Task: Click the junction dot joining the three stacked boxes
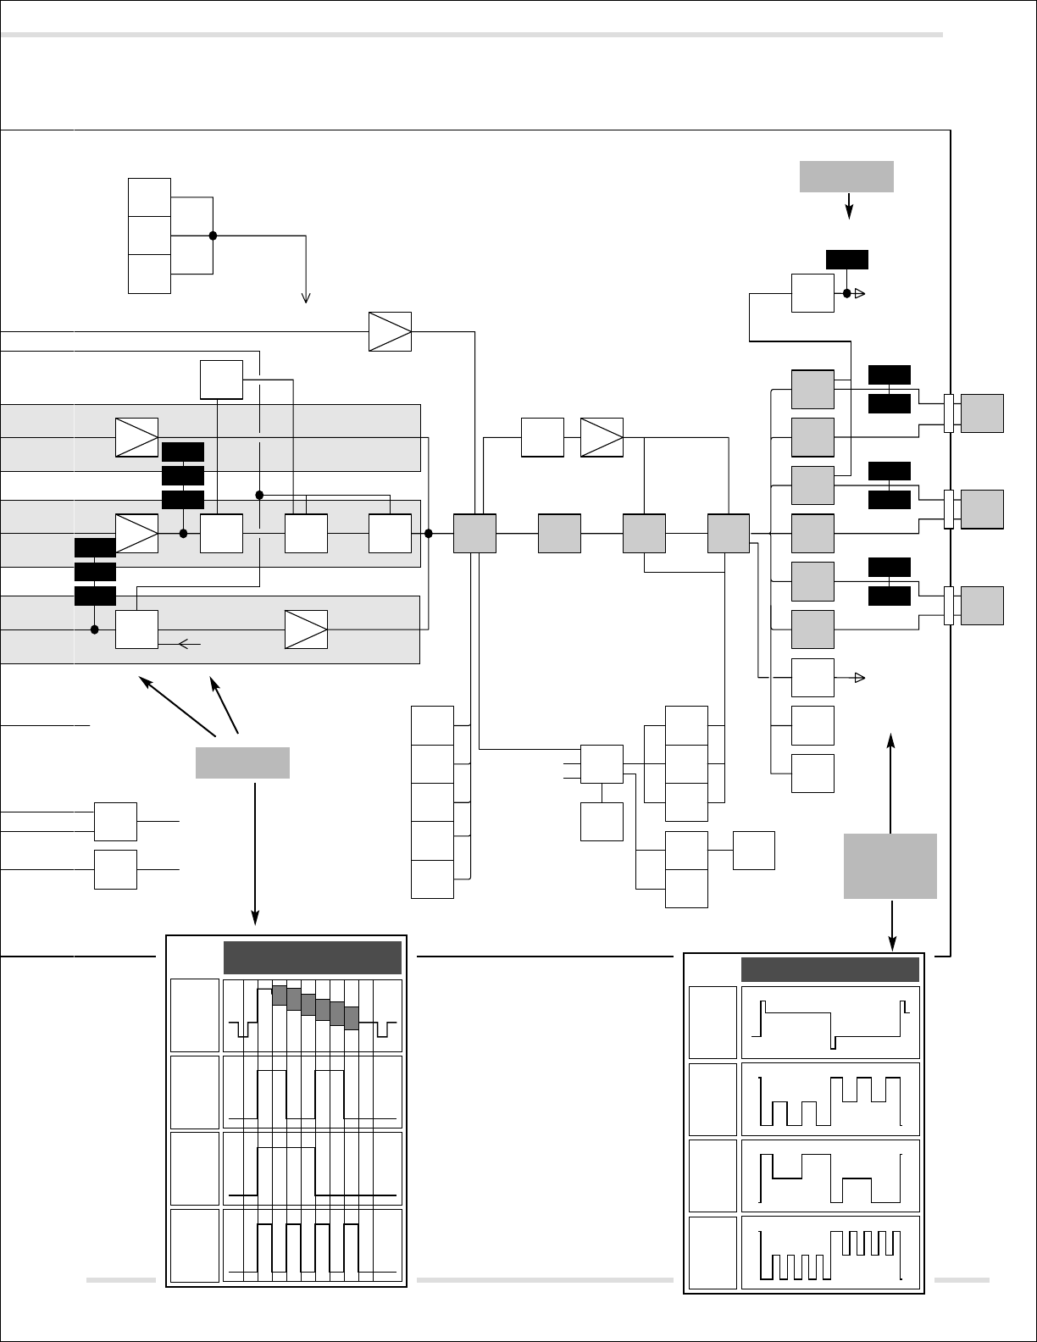coord(213,236)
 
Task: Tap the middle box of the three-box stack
coord(149,236)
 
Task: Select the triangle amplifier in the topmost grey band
coord(136,437)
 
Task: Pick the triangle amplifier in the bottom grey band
coord(306,629)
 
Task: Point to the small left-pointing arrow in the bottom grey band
coord(189,645)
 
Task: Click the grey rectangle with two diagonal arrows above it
coord(242,762)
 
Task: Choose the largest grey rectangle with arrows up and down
coord(890,865)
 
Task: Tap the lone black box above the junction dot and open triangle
coord(846,259)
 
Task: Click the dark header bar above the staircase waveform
coord(312,957)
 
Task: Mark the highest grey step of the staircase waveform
coord(279,995)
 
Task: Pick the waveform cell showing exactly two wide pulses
coord(313,1092)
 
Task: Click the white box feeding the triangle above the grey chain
coord(542,437)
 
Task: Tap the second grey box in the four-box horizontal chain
coord(559,534)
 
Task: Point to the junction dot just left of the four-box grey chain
coord(428,534)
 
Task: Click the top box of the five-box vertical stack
coord(432,724)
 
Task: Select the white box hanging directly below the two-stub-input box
coord(602,821)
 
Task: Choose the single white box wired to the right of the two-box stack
coord(753,851)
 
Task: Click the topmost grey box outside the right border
coord(983,413)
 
